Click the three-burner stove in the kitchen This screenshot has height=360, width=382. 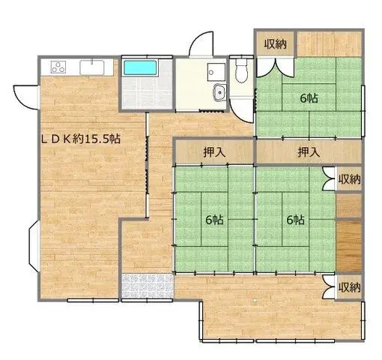click(58, 67)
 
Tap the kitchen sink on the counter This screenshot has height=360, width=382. click(92, 67)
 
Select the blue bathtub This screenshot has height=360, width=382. click(140, 67)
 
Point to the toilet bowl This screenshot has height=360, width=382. click(241, 71)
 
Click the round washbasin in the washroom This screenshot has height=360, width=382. click(220, 92)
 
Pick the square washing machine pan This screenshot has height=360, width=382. click(216, 72)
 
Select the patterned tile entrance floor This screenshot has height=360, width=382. click(147, 286)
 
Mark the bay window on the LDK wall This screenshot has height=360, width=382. click(34, 246)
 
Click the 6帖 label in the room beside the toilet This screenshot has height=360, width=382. click(309, 98)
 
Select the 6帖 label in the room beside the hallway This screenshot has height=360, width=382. click(214, 220)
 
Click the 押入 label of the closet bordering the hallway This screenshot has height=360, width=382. click(214, 152)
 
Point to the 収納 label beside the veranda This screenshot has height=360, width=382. click(349, 287)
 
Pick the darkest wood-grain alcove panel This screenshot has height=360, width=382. click(349, 246)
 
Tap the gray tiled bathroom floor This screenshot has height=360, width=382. click(147, 92)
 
